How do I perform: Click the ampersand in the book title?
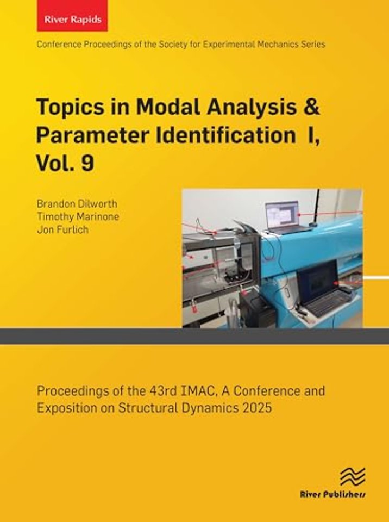pyautogui.click(x=311, y=107)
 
